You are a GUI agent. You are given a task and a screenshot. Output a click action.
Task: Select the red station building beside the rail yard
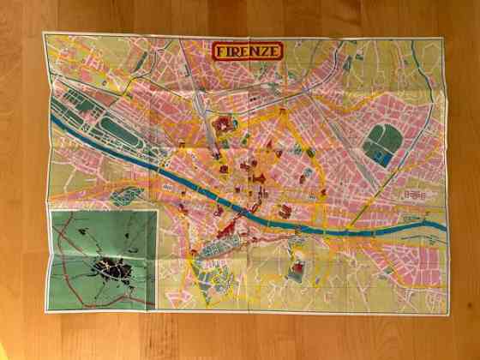click(225, 125)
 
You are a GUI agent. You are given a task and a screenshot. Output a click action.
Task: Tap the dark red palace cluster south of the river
click(225, 230)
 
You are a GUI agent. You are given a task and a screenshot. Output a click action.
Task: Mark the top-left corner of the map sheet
click(44, 33)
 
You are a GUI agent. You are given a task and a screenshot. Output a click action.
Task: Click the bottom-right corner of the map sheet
click(448, 314)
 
